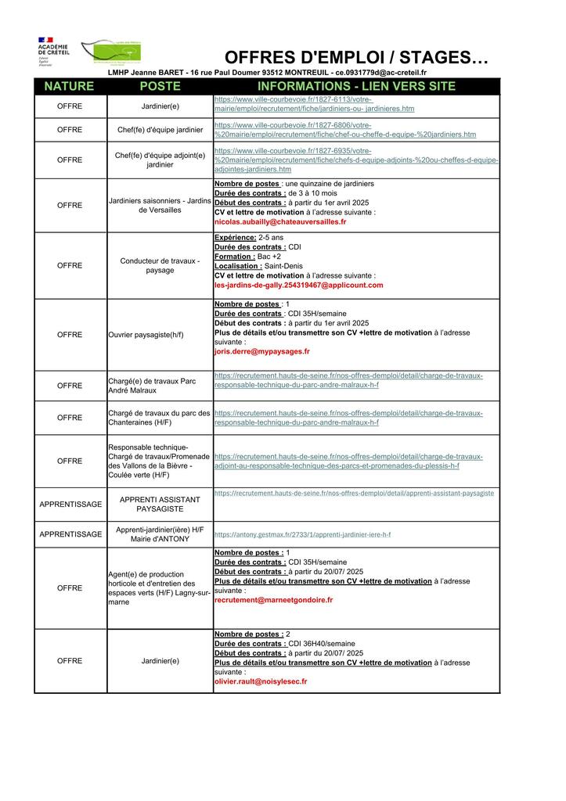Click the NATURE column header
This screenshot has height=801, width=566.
click(69, 86)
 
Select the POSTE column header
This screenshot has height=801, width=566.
click(160, 86)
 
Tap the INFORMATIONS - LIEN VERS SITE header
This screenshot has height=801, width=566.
click(356, 86)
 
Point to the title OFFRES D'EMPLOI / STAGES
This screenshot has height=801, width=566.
click(356, 57)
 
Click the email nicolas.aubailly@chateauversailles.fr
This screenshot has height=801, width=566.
click(279, 222)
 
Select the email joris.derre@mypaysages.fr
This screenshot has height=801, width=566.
click(261, 351)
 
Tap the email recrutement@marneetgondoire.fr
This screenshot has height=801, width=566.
click(273, 600)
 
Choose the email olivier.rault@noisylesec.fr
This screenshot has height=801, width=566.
click(261, 681)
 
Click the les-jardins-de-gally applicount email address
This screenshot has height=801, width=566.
click(298, 286)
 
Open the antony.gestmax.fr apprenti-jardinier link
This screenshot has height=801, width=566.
click(302, 534)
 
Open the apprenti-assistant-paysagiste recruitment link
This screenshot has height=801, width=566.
click(354, 494)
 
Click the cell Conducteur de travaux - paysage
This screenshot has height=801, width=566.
click(160, 265)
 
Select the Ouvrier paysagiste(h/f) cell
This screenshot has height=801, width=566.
click(146, 335)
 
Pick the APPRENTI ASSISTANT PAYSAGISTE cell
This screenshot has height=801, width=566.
click(160, 504)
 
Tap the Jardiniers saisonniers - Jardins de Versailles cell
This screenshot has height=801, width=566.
click(160, 205)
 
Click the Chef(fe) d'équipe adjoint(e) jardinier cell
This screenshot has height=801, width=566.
click(160, 160)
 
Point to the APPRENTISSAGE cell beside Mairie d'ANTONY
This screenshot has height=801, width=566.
click(70, 534)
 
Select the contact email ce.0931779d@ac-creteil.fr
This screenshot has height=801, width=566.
click(381, 73)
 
